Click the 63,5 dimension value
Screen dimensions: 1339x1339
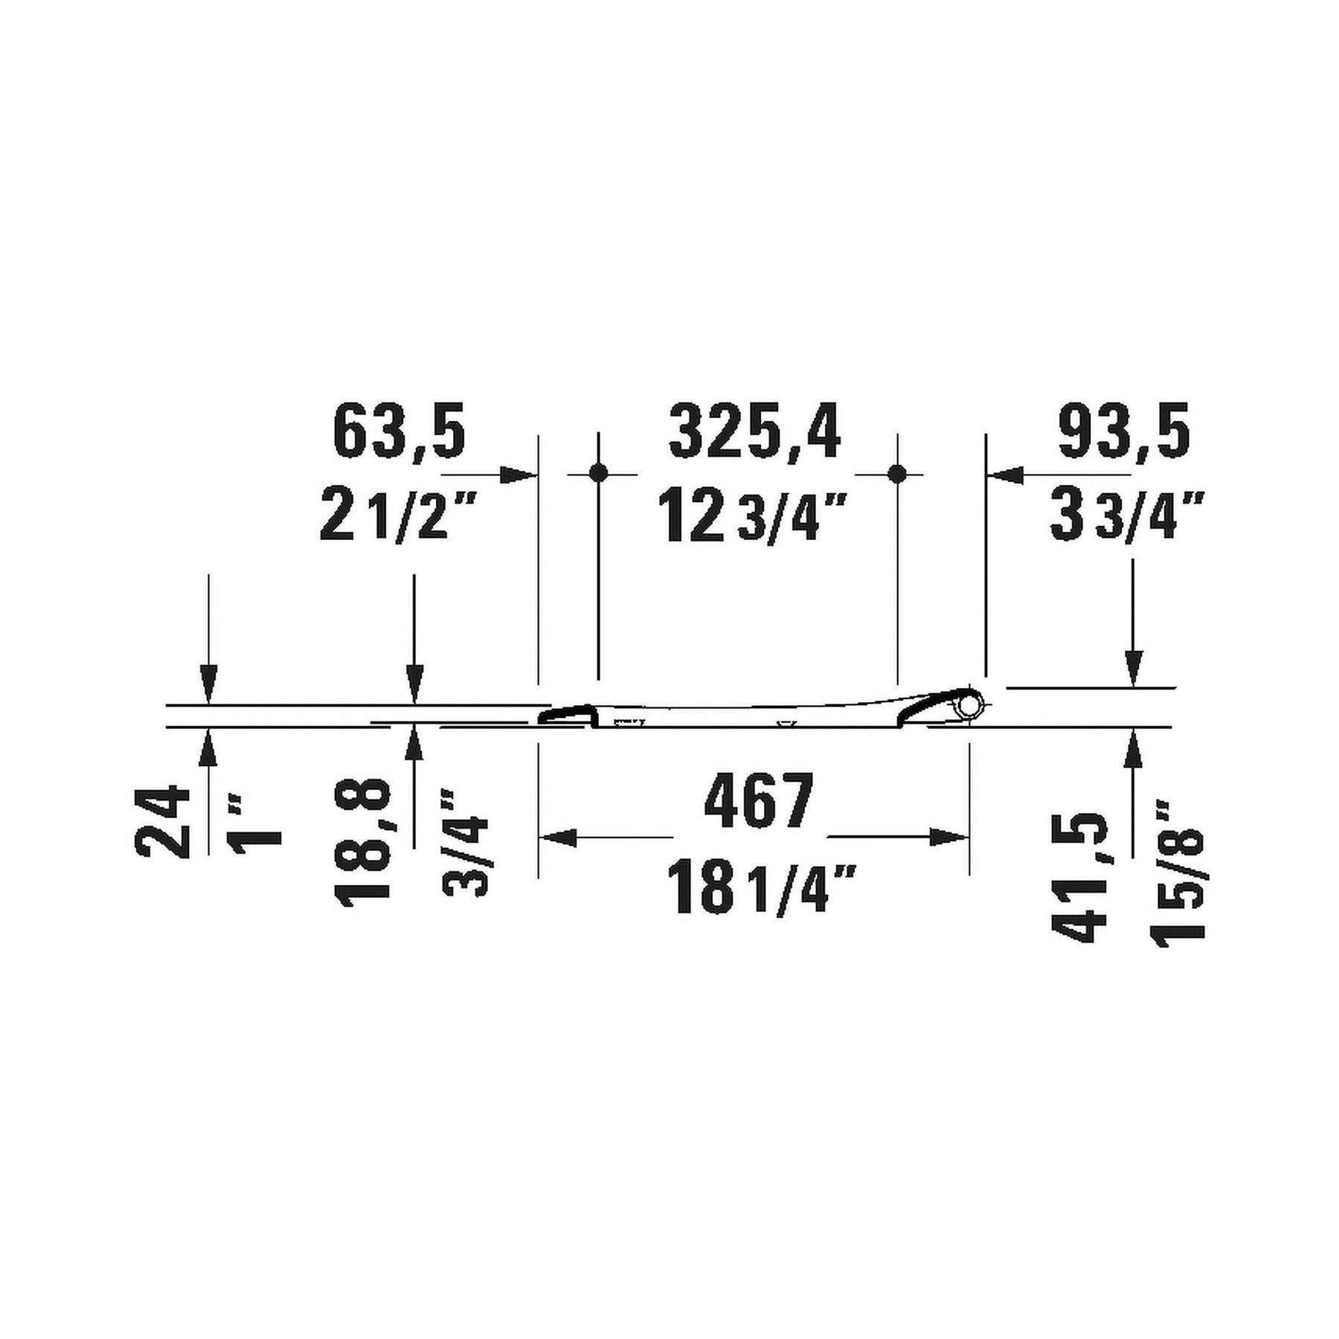pyautogui.click(x=399, y=431)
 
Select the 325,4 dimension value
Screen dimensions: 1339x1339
pyautogui.click(x=755, y=431)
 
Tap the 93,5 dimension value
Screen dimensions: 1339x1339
pyautogui.click(x=1124, y=431)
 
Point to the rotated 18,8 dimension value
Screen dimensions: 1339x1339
pyautogui.click(x=364, y=840)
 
